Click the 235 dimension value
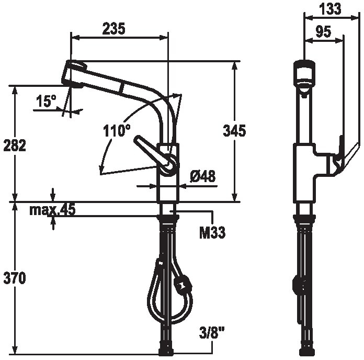(114, 29)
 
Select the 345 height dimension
(234, 130)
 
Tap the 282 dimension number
(15, 145)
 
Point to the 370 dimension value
(15, 278)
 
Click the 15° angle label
(46, 101)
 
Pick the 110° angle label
(117, 130)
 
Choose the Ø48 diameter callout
(203, 176)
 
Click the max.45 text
(52, 210)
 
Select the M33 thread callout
(212, 233)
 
